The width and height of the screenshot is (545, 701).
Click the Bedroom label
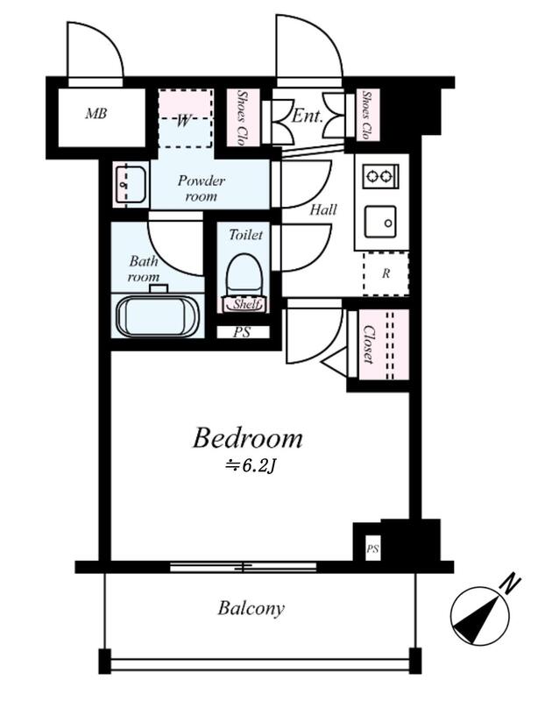(x=248, y=439)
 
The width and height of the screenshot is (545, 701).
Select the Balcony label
(x=251, y=608)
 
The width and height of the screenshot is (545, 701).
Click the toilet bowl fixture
(x=244, y=274)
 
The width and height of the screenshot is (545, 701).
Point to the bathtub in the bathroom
(x=157, y=315)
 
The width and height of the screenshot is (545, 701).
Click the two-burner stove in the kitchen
(x=380, y=177)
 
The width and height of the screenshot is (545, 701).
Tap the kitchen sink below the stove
(x=380, y=222)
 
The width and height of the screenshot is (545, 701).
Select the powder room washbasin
(x=130, y=185)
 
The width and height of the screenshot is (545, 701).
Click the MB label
(x=96, y=114)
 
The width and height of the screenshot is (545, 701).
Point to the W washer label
(x=184, y=121)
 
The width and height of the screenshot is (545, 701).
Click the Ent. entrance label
(x=308, y=117)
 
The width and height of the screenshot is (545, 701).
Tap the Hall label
(x=323, y=209)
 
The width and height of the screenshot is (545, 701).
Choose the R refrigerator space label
(x=386, y=273)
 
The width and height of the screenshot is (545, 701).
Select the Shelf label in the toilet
(x=246, y=304)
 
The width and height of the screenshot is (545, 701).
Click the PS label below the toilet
(x=242, y=333)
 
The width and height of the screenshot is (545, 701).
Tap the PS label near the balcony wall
(x=373, y=549)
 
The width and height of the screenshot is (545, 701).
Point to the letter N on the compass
(x=512, y=584)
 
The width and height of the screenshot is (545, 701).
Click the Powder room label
(x=201, y=188)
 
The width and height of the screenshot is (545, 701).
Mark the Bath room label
(x=144, y=268)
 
